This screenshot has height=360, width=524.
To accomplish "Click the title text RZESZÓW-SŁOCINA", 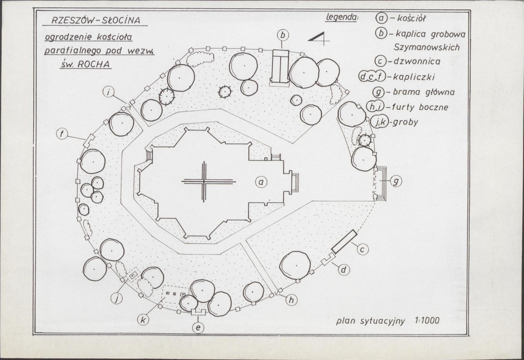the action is (96, 21).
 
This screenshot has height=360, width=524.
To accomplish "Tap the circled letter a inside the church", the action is (261, 182).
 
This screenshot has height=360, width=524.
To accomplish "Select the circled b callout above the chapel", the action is (283, 35).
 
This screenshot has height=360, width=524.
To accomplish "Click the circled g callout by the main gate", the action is (396, 181).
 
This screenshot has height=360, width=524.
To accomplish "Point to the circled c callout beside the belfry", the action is (363, 249).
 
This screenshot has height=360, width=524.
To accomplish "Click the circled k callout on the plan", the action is (143, 320).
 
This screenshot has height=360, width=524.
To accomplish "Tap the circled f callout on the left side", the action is (62, 134).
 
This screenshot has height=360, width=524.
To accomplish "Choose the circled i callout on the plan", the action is (108, 92).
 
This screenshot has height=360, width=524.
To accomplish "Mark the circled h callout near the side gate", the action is (291, 300).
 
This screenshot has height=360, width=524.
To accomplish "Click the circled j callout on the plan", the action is (116, 297).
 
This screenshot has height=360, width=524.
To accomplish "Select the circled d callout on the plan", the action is (344, 269).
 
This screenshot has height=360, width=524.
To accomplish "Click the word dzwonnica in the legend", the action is (417, 62).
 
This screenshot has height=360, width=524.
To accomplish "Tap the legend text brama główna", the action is (424, 92).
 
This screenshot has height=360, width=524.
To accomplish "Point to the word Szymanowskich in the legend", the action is (426, 47).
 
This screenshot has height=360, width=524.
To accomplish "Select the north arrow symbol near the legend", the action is (318, 38).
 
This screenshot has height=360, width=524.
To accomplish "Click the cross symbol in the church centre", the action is (204, 182).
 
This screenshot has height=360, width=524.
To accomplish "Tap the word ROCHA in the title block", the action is (94, 64).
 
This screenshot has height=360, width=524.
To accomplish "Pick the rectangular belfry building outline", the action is (344, 241).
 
